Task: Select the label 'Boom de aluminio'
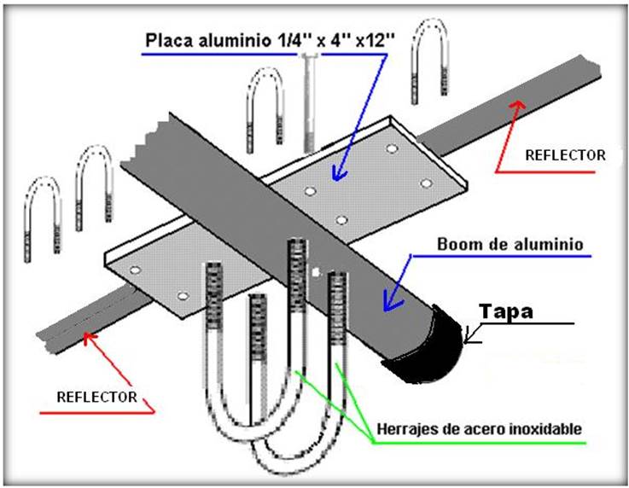click(x=510, y=245)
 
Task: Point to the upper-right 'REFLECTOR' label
click(x=565, y=155)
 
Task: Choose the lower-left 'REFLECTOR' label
click(x=96, y=398)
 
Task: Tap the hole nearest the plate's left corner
click(x=135, y=270)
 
